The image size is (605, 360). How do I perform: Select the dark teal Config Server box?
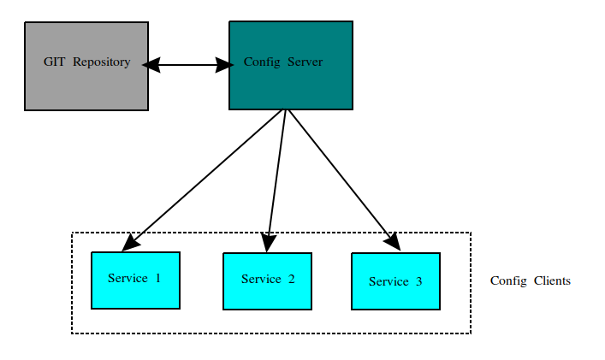tap(291, 86)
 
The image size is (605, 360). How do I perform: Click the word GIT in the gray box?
tap(55, 62)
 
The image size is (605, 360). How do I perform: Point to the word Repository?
tap(102, 62)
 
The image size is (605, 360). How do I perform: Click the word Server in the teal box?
tap(305, 62)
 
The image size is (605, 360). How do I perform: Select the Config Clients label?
tap(530, 280)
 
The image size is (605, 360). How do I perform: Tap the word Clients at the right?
tap(552, 280)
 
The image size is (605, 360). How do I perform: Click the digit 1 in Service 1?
tap(157, 278)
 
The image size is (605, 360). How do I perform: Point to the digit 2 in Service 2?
tap(291, 279)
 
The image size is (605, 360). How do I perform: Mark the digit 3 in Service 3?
tap(418, 281)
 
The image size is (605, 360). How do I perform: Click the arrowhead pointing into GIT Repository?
tap(152, 64)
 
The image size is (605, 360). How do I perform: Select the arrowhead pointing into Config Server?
tap(225, 64)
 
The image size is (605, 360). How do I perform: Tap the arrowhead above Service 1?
tap(130, 244)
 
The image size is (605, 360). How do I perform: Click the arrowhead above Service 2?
tap(269, 244)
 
